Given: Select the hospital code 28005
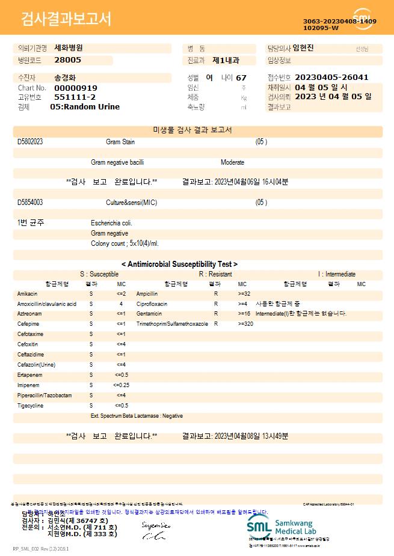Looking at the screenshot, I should click(67, 60).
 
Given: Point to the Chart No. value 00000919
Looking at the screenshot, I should click(76, 88).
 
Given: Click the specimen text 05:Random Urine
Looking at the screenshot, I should click(85, 107).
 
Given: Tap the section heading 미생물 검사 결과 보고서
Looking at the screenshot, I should click(192, 130).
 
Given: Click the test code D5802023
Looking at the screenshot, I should click(30, 142).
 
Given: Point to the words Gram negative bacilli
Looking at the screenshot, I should click(117, 162).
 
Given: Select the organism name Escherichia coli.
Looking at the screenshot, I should click(112, 223).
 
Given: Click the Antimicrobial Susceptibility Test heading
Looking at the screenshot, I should click(179, 264).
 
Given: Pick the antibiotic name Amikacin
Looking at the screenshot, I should click(28, 294).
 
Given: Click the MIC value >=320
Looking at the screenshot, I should click(245, 324).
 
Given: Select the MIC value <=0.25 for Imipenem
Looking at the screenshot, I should click(121, 385).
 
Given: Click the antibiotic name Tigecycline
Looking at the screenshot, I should click(30, 406).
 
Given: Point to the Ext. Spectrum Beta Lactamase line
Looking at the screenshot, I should click(137, 416).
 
